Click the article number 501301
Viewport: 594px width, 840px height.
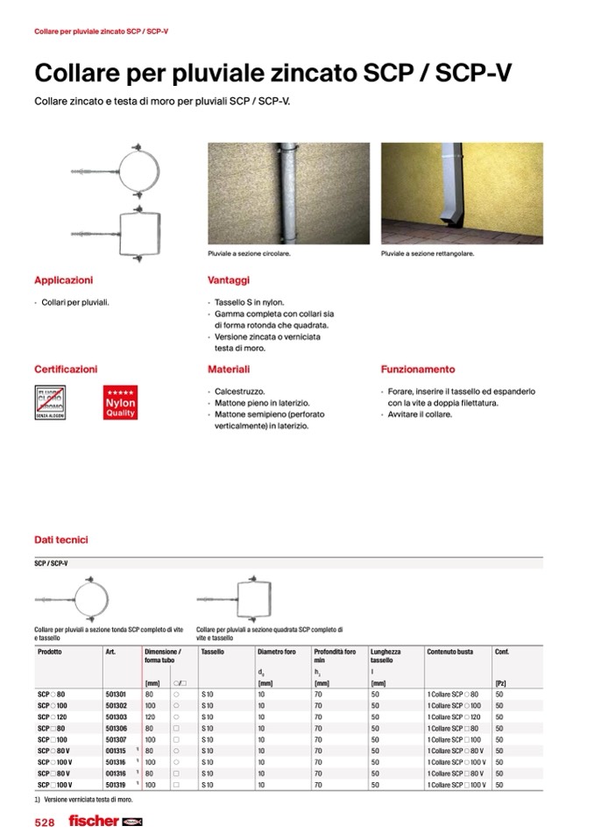tap(116, 693)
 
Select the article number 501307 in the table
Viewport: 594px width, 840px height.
tap(116, 739)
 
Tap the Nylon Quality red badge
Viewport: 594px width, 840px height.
tap(120, 402)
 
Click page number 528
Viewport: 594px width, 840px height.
tap(45, 822)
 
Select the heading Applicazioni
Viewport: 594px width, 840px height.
tap(63, 280)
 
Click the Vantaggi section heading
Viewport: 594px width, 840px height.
tap(229, 280)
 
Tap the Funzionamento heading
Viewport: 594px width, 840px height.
tap(418, 370)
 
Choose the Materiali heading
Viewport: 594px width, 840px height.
tap(229, 370)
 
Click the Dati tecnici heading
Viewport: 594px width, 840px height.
tap(61, 540)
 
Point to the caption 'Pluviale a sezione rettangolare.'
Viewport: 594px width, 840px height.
tap(428, 253)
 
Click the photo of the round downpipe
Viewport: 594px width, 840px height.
tap(288, 194)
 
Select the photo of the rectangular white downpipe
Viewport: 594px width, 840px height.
tap(462, 194)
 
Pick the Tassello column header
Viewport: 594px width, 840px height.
tap(213, 653)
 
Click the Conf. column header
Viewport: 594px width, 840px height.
tap(502, 653)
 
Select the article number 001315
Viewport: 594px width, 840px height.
tap(116, 751)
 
